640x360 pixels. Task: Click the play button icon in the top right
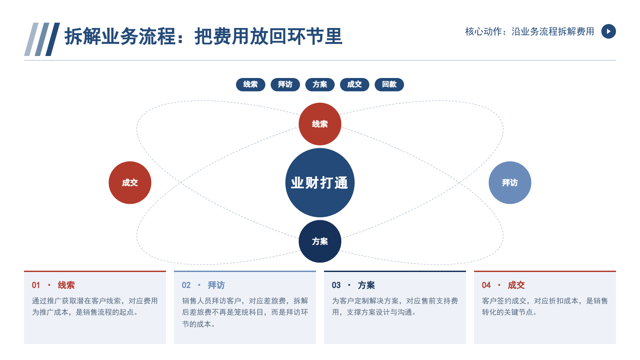(608, 31)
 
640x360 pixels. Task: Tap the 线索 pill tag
(250, 84)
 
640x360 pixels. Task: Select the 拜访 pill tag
(285, 84)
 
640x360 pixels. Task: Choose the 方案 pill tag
(320, 84)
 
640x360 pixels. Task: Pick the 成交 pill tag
(354, 84)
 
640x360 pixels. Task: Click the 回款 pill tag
(389, 84)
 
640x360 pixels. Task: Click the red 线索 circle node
(320, 124)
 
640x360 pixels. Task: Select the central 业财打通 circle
(320, 183)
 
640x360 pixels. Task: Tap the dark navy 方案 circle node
(320, 241)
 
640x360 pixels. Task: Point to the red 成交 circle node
(130, 183)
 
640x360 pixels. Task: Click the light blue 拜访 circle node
(510, 183)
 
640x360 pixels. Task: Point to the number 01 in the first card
(36, 285)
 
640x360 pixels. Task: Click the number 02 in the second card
(186, 285)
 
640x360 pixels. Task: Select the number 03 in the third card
(336, 285)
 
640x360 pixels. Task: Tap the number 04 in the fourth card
(486, 285)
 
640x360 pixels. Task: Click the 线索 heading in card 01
(66, 285)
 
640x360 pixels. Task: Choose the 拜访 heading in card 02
(216, 285)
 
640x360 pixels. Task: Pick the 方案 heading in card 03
(366, 285)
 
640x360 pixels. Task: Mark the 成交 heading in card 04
(516, 285)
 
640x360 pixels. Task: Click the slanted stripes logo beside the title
(42, 39)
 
